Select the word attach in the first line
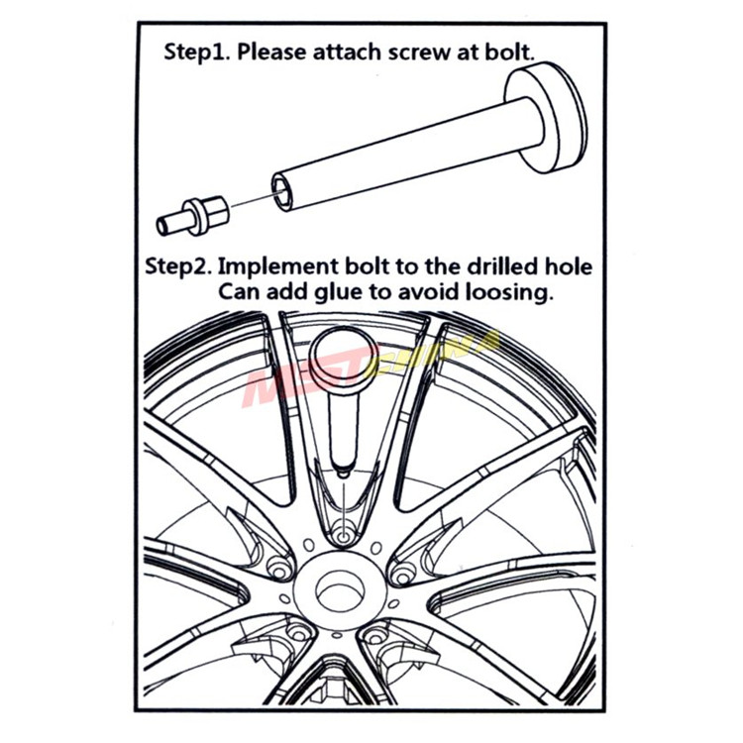pos(348,52)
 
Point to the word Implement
pos(278,266)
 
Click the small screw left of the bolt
pos(193,217)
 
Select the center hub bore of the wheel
pos(341,591)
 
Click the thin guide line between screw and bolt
pos(252,199)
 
